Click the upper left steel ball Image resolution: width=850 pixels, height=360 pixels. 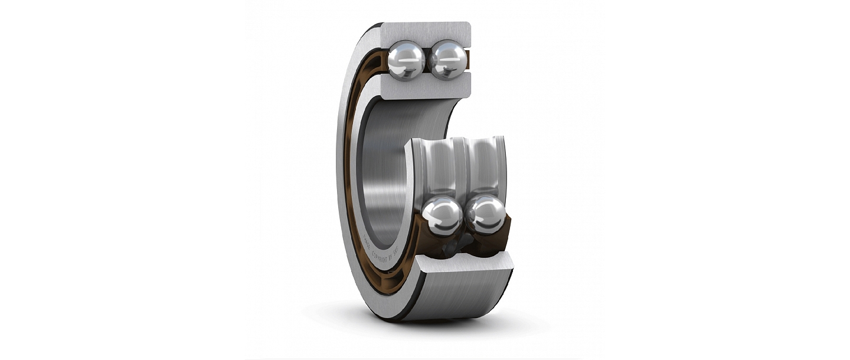[x=406, y=59]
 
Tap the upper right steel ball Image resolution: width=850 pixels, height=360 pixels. [x=448, y=60]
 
